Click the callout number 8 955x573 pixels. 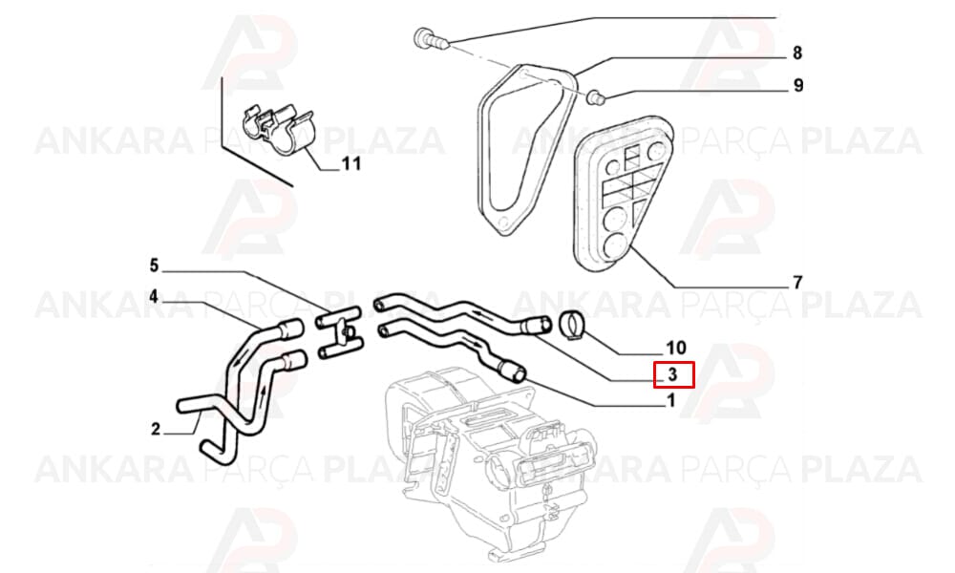click(x=797, y=53)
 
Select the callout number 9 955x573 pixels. click(x=797, y=86)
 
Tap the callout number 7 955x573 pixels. click(x=797, y=283)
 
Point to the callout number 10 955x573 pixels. click(x=676, y=348)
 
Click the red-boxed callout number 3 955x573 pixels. click(x=673, y=374)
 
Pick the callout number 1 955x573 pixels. click(x=671, y=401)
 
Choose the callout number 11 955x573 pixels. click(x=350, y=164)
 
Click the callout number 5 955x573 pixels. click(x=154, y=265)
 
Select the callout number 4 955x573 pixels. click(x=154, y=297)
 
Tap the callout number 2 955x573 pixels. click(x=156, y=430)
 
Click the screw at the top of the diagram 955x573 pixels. click(x=432, y=39)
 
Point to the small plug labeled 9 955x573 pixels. click(x=594, y=96)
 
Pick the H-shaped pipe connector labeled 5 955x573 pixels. click(x=338, y=333)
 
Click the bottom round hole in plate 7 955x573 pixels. click(x=619, y=244)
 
